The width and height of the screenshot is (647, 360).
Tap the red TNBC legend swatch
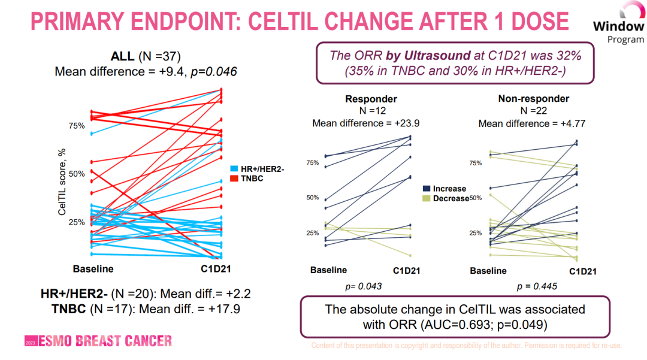(234, 179)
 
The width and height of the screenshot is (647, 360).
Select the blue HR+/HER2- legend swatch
(234, 170)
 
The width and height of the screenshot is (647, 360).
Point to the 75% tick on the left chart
(76, 125)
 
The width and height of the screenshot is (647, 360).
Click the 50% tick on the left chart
(76, 174)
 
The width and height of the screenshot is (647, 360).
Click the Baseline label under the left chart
(93, 268)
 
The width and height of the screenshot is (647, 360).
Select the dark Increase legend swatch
(427, 189)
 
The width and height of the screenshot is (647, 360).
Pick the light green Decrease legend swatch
(427, 198)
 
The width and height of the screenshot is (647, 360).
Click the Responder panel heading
(371, 99)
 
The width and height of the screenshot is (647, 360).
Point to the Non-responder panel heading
(533, 99)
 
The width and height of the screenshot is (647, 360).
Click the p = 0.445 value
(537, 286)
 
